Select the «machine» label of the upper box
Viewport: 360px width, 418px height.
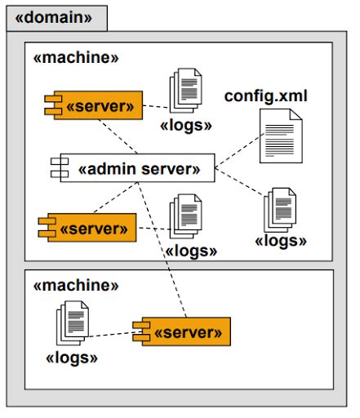75,58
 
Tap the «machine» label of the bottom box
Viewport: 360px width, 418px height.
75,285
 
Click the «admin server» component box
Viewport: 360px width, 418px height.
134,169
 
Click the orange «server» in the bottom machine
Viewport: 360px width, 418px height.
182,332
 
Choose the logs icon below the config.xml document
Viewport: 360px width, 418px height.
280,208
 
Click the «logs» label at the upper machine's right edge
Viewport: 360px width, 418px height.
281,241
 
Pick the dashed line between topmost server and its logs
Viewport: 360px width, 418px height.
156,106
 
